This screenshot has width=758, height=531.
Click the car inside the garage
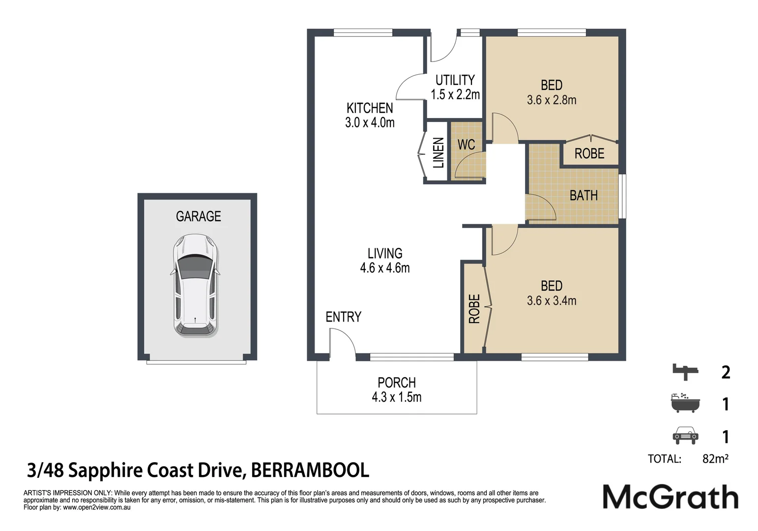[x=195, y=286]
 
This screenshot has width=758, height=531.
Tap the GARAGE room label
[x=198, y=216]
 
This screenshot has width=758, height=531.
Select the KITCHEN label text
[x=370, y=108]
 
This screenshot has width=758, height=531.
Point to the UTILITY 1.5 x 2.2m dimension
[x=455, y=95]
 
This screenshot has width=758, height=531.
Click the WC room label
[x=466, y=145]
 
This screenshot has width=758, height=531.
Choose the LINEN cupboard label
[x=438, y=153]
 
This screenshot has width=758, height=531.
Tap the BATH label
[x=583, y=195]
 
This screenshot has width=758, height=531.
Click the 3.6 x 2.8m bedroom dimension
[x=552, y=100]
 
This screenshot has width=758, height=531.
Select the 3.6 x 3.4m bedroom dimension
[x=552, y=300]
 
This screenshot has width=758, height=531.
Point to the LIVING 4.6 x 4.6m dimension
[x=385, y=268]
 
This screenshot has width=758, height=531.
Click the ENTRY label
[x=344, y=317]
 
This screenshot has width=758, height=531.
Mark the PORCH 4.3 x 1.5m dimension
[x=397, y=397]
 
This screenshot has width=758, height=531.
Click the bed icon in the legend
[x=685, y=372]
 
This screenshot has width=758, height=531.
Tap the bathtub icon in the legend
[x=685, y=403]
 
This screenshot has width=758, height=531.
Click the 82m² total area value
[x=715, y=459]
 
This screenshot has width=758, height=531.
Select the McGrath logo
[x=671, y=497]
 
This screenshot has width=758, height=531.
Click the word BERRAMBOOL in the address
[x=310, y=471]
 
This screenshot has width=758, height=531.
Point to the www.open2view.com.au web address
[x=97, y=508]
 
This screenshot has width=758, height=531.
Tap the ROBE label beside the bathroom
[x=589, y=154]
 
